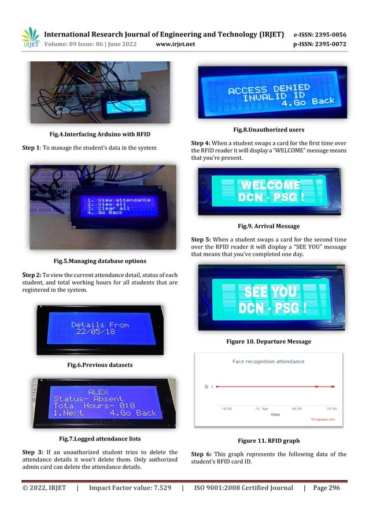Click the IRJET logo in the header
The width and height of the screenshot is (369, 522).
(30, 38)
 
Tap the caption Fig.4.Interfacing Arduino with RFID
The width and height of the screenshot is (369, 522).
(100, 134)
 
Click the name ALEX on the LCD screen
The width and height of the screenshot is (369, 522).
(98, 391)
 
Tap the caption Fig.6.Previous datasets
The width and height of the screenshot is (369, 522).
(100, 365)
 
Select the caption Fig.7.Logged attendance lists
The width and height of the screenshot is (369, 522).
(100, 439)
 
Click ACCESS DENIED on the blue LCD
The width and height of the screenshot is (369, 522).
(269, 89)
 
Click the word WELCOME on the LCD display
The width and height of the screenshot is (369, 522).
(271, 185)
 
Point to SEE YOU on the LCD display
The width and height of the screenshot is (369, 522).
(271, 291)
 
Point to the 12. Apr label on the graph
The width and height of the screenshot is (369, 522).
(261, 408)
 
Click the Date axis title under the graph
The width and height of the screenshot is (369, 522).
(275, 414)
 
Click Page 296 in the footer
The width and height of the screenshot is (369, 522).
(327, 488)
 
